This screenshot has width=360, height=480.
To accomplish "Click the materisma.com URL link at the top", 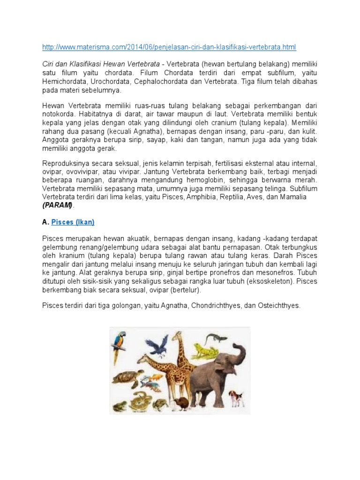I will click(x=169, y=47).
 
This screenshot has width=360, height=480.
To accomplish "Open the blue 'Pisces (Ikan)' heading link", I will click(x=76, y=222).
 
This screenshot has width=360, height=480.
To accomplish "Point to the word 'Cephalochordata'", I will click(x=165, y=82).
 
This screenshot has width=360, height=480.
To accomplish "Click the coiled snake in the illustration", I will click(x=139, y=402).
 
